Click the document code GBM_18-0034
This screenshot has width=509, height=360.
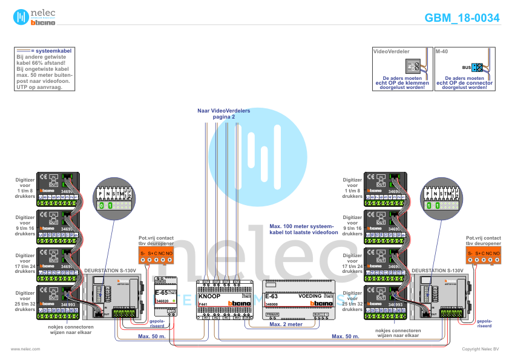[462, 18]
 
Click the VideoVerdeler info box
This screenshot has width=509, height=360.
[402, 69]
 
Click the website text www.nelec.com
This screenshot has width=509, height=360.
[25, 349]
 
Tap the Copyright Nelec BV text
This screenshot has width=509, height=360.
[481, 349]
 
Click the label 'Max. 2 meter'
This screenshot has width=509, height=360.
[286, 324]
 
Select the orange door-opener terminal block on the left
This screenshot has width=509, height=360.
[156, 255]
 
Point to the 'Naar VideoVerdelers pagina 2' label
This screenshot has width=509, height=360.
[223, 113]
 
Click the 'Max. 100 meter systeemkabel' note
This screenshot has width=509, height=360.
[303, 229]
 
